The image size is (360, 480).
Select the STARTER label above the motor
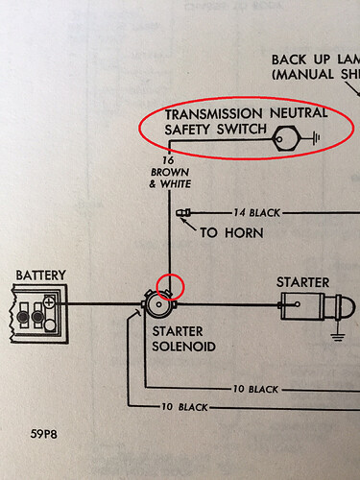point(302,282)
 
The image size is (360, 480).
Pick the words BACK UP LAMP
point(308,58)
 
